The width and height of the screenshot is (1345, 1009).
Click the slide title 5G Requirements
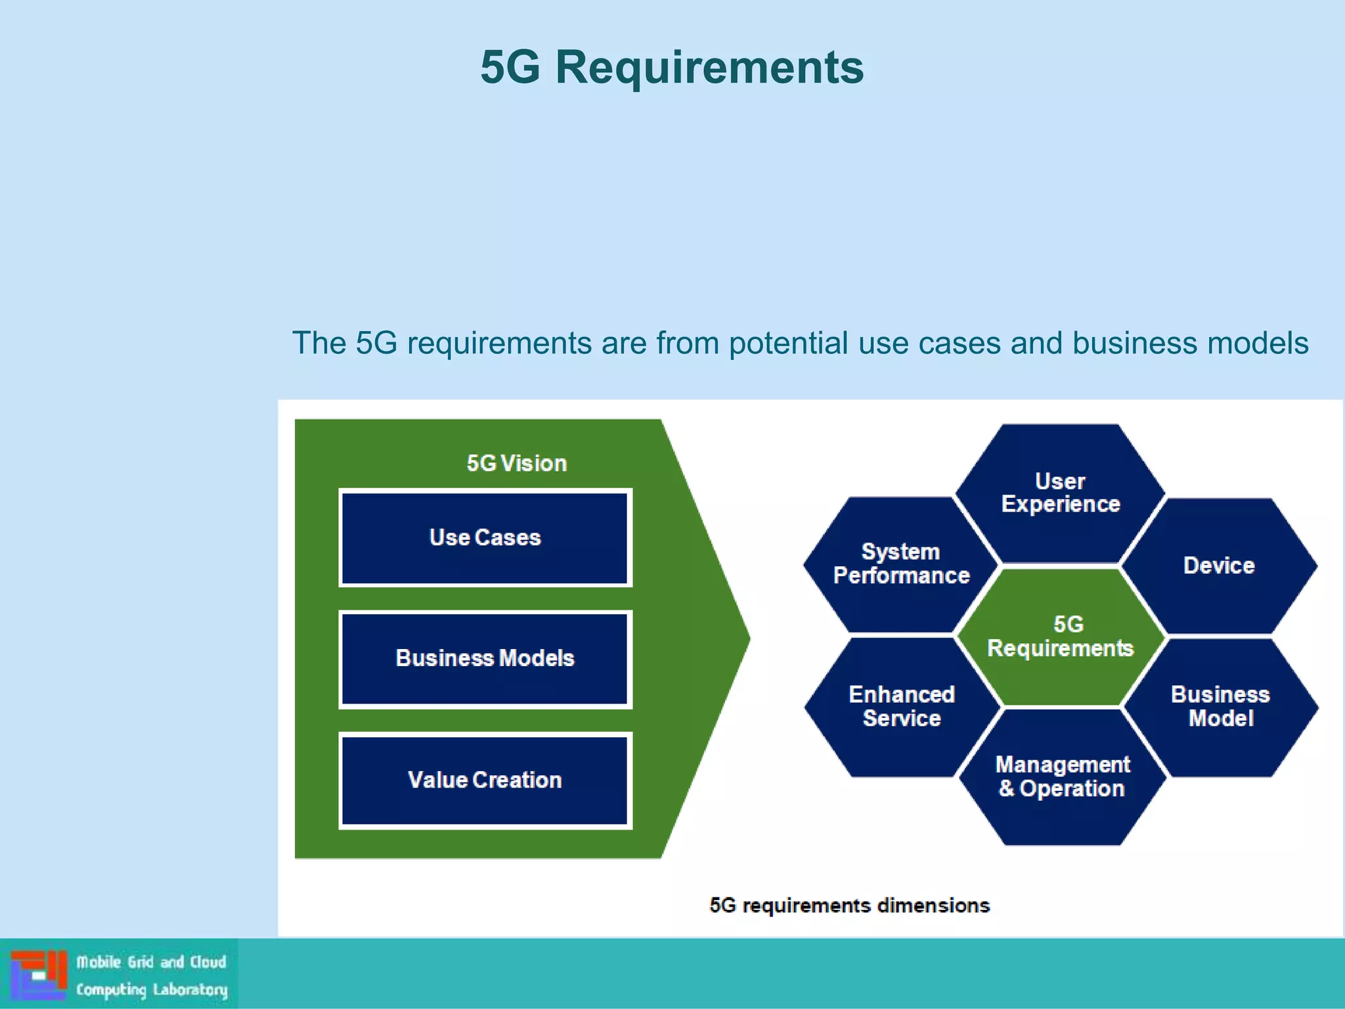(x=672, y=67)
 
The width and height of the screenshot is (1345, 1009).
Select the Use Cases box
(x=485, y=537)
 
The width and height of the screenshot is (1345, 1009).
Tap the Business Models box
(x=485, y=658)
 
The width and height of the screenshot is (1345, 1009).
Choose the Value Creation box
(x=485, y=780)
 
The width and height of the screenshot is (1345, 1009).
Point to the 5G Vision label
(x=516, y=463)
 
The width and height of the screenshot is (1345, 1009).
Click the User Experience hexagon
(x=1060, y=493)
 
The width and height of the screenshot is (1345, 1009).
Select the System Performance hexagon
(x=901, y=564)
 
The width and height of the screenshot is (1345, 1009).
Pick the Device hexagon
(x=1219, y=566)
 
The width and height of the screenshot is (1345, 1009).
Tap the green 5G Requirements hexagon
(x=1060, y=636)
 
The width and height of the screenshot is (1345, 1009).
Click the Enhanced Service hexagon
(x=901, y=706)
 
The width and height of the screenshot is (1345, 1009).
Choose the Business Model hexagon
(x=1220, y=706)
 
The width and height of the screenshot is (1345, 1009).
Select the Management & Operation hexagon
(x=1062, y=776)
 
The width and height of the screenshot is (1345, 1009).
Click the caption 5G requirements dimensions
(x=849, y=905)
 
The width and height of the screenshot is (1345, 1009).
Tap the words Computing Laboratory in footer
(x=152, y=989)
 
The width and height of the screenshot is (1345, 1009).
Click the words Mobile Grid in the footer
(x=115, y=962)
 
